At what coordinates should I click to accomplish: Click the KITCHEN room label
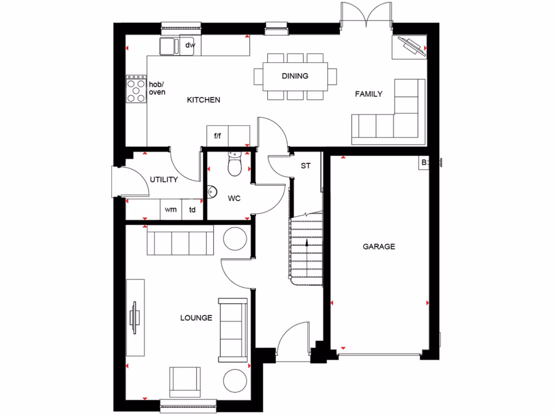pos(203,100)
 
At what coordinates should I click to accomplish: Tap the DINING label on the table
pos(295,76)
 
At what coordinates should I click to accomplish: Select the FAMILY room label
pos(368,94)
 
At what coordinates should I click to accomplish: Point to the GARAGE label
pos(379,246)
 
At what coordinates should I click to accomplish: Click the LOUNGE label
pos(196,318)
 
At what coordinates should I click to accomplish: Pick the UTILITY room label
pos(164,179)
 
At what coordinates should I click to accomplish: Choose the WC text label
pos(234,198)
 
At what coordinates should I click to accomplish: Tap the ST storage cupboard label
pos(306,166)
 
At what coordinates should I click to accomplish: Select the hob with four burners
pos(136,89)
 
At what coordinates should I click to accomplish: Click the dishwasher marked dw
pos(190,45)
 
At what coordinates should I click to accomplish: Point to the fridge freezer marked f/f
pos(217,136)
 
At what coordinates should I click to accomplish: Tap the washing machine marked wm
pos(170,210)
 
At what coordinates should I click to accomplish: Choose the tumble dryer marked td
pos(192,210)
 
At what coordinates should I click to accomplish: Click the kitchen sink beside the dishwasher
pos(169,46)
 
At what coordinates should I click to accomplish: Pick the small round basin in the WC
pos(212,191)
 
